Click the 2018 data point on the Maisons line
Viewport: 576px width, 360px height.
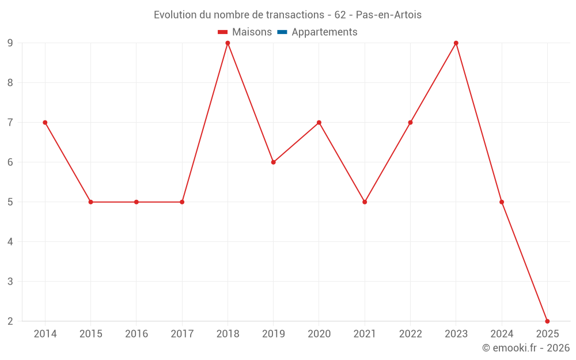click(228, 43)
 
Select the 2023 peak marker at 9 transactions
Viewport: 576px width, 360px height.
click(456, 43)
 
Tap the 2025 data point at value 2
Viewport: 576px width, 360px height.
click(547, 321)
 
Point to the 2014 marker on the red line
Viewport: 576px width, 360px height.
click(45, 123)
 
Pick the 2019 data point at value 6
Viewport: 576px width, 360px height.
click(274, 162)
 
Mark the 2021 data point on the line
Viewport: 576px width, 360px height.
click(365, 202)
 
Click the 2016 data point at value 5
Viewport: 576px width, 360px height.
click(137, 202)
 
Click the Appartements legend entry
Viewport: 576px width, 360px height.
click(324, 32)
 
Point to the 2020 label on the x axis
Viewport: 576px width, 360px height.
click(319, 334)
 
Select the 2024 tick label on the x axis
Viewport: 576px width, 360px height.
click(502, 334)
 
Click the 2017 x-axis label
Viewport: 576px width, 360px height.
click(182, 334)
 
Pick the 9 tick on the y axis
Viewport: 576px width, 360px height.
click(10, 43)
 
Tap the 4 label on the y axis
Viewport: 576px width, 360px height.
click(10, 242)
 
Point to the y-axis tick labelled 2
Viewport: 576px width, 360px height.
click(10, 321)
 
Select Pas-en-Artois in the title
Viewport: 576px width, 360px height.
click(389, 15)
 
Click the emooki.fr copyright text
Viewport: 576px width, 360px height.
click(526, 348)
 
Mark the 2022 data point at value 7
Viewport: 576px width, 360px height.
click(410, 123)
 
